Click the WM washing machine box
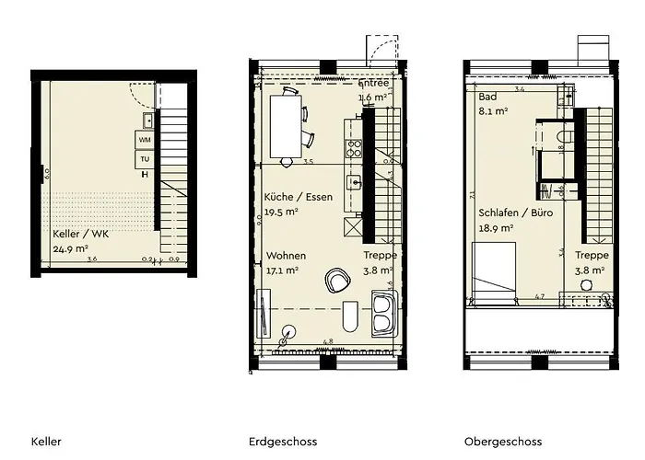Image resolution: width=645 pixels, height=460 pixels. [x=145, y=140]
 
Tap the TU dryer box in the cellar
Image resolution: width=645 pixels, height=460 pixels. [x=145, y=159]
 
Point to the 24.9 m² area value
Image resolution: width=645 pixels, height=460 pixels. [x=71, y=248]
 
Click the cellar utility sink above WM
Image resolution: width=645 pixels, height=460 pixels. [x=147, y=120]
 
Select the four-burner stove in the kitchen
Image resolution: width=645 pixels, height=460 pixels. [x=350, y=145]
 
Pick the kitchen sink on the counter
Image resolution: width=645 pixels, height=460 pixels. [x=352, y=182]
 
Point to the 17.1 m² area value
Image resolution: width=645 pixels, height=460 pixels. [x=285, y=270]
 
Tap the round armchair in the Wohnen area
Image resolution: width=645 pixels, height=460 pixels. [x=338, y=277]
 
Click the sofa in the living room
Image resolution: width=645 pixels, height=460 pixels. [x=382, y=312]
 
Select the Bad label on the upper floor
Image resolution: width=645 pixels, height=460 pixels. [x=487, y=97]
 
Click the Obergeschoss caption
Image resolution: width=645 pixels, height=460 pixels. [x=502, y=442]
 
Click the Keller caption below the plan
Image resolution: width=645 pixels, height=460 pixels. [x=46, y=442]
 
